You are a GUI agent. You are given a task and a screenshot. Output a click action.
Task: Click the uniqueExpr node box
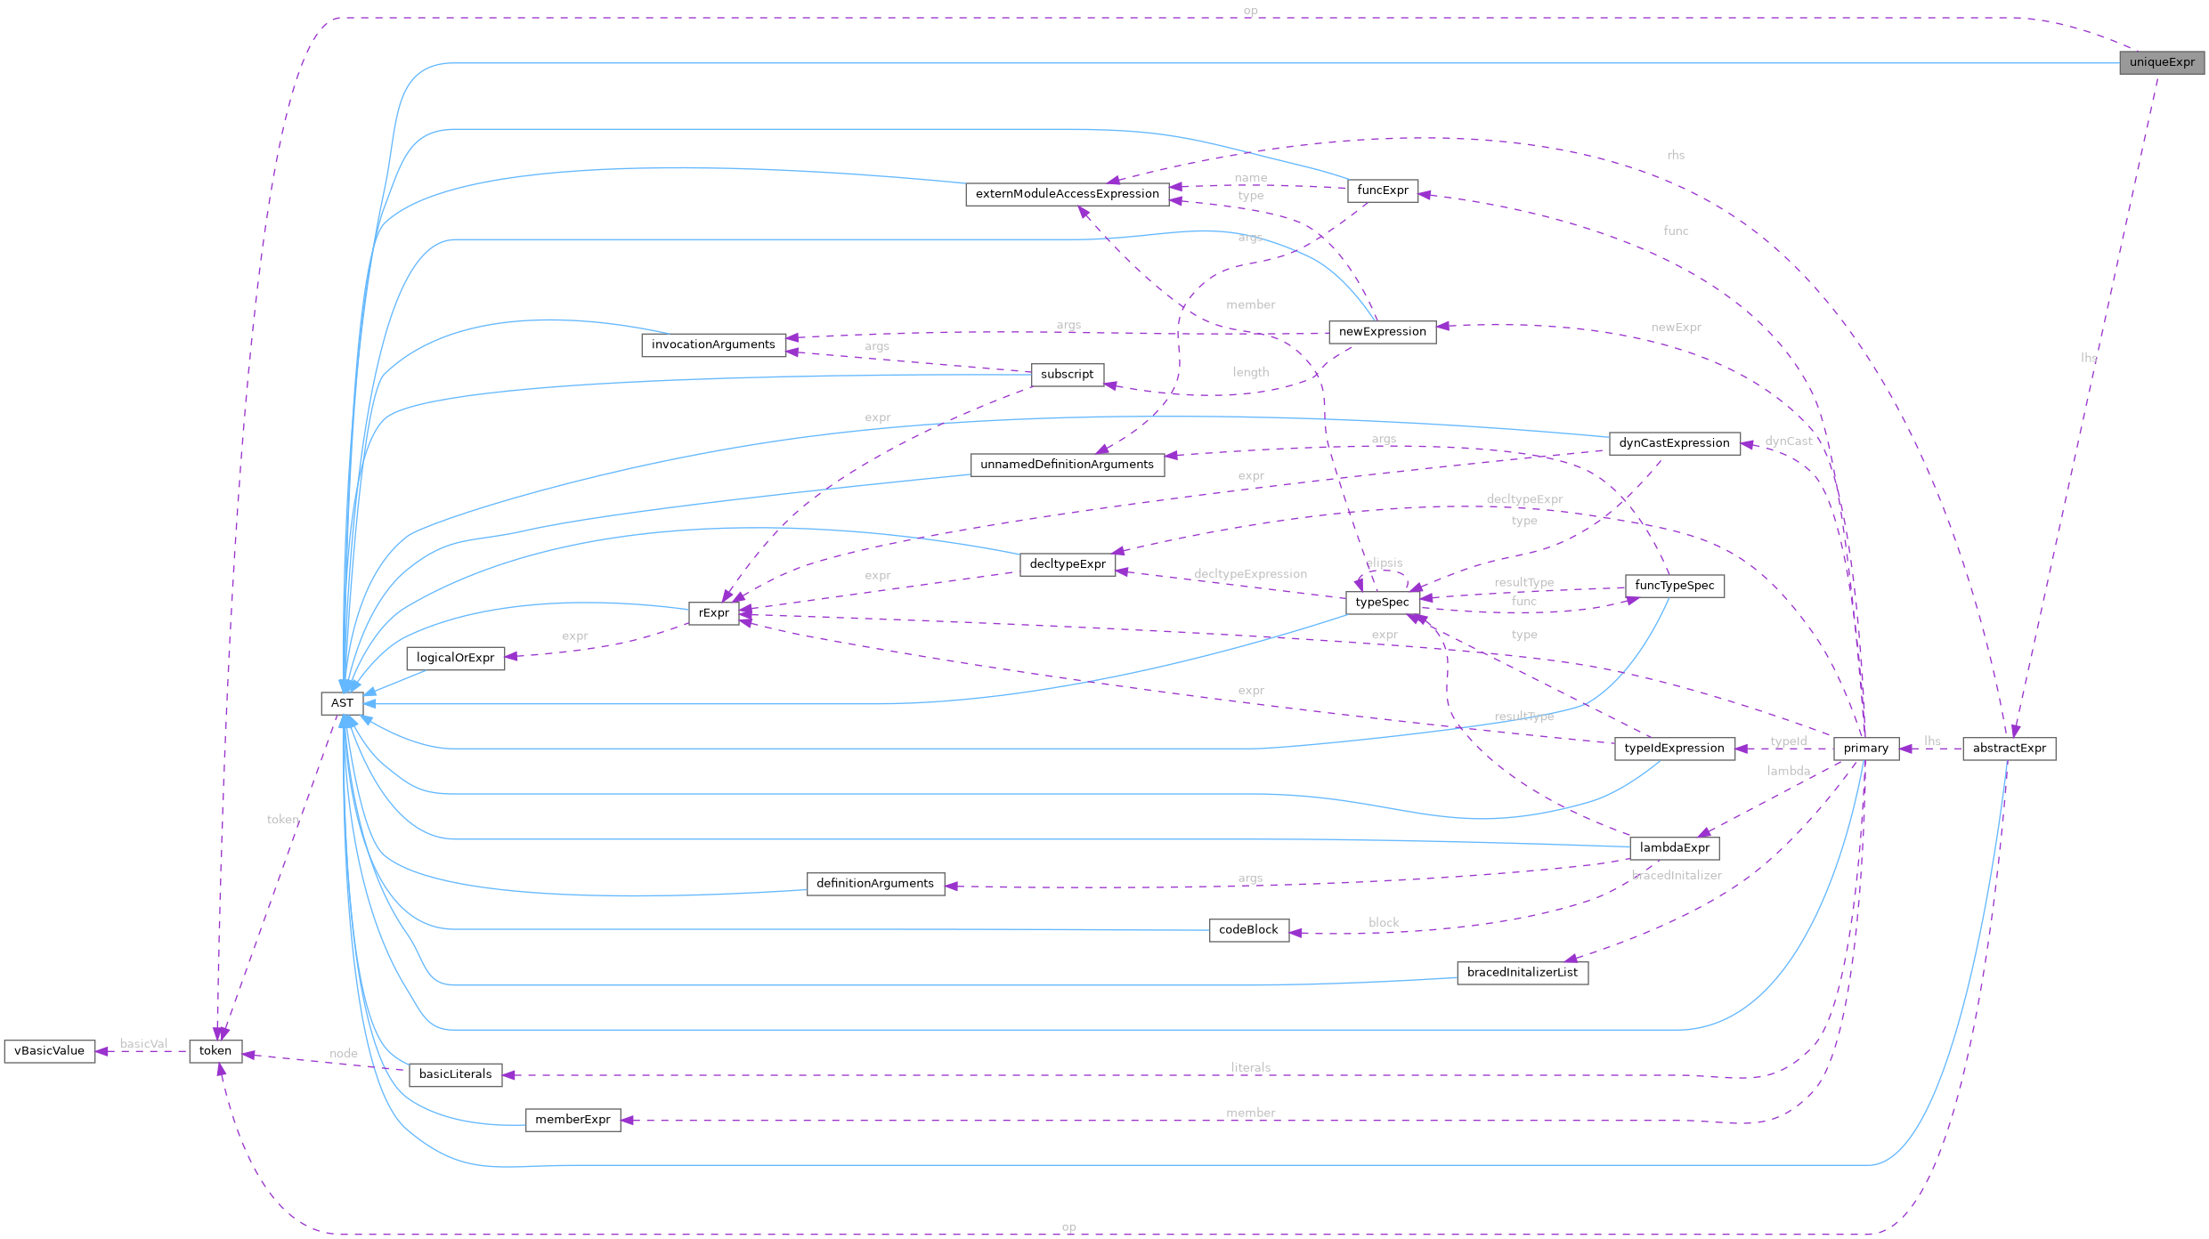coord(2161,62)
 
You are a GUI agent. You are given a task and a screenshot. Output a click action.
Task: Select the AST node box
coord(342,703)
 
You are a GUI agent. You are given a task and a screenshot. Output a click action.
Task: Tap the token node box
coord(215,1051)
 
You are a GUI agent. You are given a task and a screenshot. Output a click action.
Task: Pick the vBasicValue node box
coord(50,1051)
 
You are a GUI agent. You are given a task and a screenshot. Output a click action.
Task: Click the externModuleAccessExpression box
coord(1067,194)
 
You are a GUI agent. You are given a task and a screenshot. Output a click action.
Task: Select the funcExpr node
coord(1382,190)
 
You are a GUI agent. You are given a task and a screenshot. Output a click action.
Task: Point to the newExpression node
coord(1382,332)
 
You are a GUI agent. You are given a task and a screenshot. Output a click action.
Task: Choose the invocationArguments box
coord(713,345)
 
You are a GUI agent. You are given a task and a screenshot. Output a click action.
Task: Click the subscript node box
coord(1067,375)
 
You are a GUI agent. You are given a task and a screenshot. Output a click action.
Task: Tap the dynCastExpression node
coord(1674,443)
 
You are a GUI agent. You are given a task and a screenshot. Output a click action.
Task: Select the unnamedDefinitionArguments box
coord(1067,465)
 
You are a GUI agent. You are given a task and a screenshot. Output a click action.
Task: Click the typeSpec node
coord(1382,603)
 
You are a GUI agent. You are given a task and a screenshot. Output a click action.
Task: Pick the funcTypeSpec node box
coord(1674,586)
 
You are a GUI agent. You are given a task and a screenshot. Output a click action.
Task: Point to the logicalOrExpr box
coord(455,658)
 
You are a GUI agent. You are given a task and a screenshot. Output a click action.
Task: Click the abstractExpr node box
coord(2009,749)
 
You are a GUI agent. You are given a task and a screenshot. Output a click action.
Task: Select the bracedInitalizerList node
coord(1522,973)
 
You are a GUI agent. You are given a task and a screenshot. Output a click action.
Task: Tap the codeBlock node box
coord(1248,930)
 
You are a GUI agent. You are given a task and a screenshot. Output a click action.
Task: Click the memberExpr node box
coord(573,1120)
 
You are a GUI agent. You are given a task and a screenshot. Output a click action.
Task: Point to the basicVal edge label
coord(143,1044)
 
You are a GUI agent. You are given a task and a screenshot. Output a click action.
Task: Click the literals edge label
coord(1250,1067)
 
